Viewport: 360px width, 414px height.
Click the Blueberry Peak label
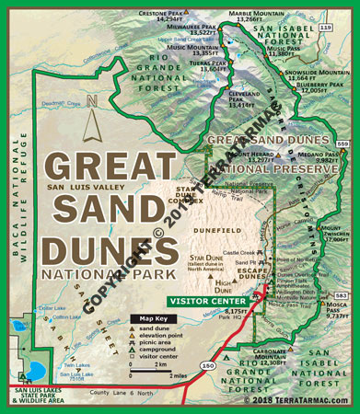tap(323, 87)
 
